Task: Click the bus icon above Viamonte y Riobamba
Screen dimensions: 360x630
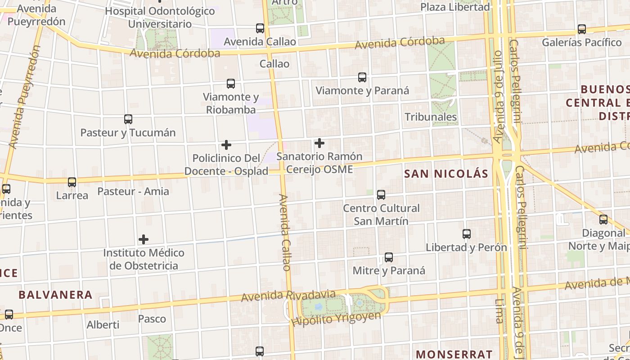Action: click(231, 84)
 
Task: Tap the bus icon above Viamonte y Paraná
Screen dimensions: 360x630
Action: click(362, 77)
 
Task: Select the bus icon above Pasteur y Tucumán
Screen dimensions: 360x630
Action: click(128, 119)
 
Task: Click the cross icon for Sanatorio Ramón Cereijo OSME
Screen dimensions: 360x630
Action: click(319, 144)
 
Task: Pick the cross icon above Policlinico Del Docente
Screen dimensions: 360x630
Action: click(226, 145)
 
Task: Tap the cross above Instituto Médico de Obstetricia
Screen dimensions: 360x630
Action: click(144, 239)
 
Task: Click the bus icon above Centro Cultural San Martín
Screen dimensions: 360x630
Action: click(381, 195)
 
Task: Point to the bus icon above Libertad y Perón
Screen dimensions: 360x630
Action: click(467, 234)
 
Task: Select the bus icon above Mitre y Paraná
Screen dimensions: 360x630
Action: click(389, 257)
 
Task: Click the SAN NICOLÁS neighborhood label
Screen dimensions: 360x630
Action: click(446, 174)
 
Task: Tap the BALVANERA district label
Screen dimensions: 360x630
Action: click(55, 295)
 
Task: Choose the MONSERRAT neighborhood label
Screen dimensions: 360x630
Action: click(454, 354)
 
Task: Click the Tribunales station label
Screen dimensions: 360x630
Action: click(431, 117)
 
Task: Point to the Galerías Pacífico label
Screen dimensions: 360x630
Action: click(581, 43)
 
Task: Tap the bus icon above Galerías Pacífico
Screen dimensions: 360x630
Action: click(582, 29)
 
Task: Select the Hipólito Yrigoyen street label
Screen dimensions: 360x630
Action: click(336, 319)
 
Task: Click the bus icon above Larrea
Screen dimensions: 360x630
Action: click(72, 182)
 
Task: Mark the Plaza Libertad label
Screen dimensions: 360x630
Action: click(455, 7)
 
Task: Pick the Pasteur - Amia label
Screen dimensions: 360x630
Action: click(133, 191)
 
